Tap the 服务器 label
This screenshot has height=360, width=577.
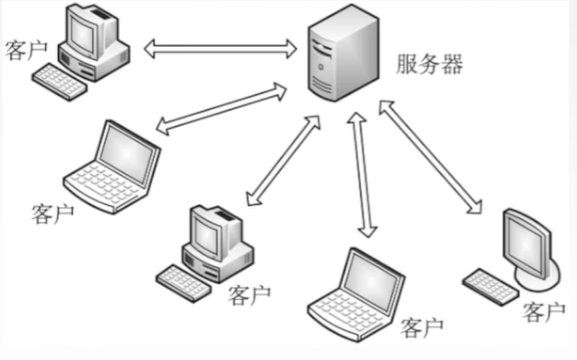click(429, 63)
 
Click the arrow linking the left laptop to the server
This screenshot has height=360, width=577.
click(221, 108)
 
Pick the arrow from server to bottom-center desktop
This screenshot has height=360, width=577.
click(279, 160)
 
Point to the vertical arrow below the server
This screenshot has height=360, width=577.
click(361, 174)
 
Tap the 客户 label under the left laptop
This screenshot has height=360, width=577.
click(52, 211)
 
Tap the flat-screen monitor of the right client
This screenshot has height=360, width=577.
click(532, 243)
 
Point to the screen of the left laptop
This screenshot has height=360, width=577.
click(129, 151)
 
